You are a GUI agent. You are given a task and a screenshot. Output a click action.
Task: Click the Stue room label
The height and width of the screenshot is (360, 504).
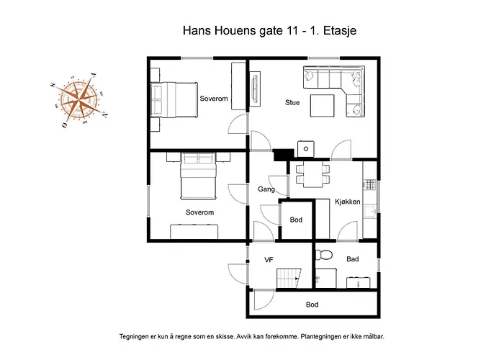[292, 102]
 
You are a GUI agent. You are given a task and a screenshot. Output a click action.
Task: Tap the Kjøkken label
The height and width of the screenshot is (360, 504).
[348, 202]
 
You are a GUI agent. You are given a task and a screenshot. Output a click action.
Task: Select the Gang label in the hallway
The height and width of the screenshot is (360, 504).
[266, 189]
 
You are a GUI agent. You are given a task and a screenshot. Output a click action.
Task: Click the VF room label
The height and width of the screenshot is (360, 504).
[269, 260]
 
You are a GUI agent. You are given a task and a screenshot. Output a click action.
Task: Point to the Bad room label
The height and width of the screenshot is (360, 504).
[353, 259]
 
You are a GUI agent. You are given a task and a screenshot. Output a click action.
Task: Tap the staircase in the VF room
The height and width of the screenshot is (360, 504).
[288, 279]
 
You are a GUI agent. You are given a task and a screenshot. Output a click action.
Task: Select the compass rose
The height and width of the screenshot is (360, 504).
[79, 100]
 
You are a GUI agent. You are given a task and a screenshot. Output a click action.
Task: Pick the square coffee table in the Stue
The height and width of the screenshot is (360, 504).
[322, 105]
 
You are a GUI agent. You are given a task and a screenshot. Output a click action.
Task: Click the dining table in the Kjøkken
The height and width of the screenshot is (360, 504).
[312, 176]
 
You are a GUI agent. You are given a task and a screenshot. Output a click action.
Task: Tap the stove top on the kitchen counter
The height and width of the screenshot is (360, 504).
[369, 185]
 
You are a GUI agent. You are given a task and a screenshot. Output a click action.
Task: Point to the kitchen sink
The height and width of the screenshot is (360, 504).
[370, 212]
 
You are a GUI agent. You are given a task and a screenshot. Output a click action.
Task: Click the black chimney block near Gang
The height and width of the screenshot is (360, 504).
[284, 155]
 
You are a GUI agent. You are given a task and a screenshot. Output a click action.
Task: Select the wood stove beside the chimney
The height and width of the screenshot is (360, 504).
[306, 149]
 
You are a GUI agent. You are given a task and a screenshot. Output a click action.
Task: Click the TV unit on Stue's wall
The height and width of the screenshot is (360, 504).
[255, 89]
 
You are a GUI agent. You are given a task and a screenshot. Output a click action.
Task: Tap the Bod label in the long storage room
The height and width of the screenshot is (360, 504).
[312, 305]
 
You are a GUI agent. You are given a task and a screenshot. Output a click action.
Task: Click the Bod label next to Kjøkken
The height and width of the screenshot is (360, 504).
[296, 220]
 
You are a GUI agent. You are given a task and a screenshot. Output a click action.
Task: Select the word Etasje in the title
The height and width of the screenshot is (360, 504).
[340, 30]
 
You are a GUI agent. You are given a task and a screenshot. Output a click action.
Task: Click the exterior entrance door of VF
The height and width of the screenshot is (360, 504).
[238, 274]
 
